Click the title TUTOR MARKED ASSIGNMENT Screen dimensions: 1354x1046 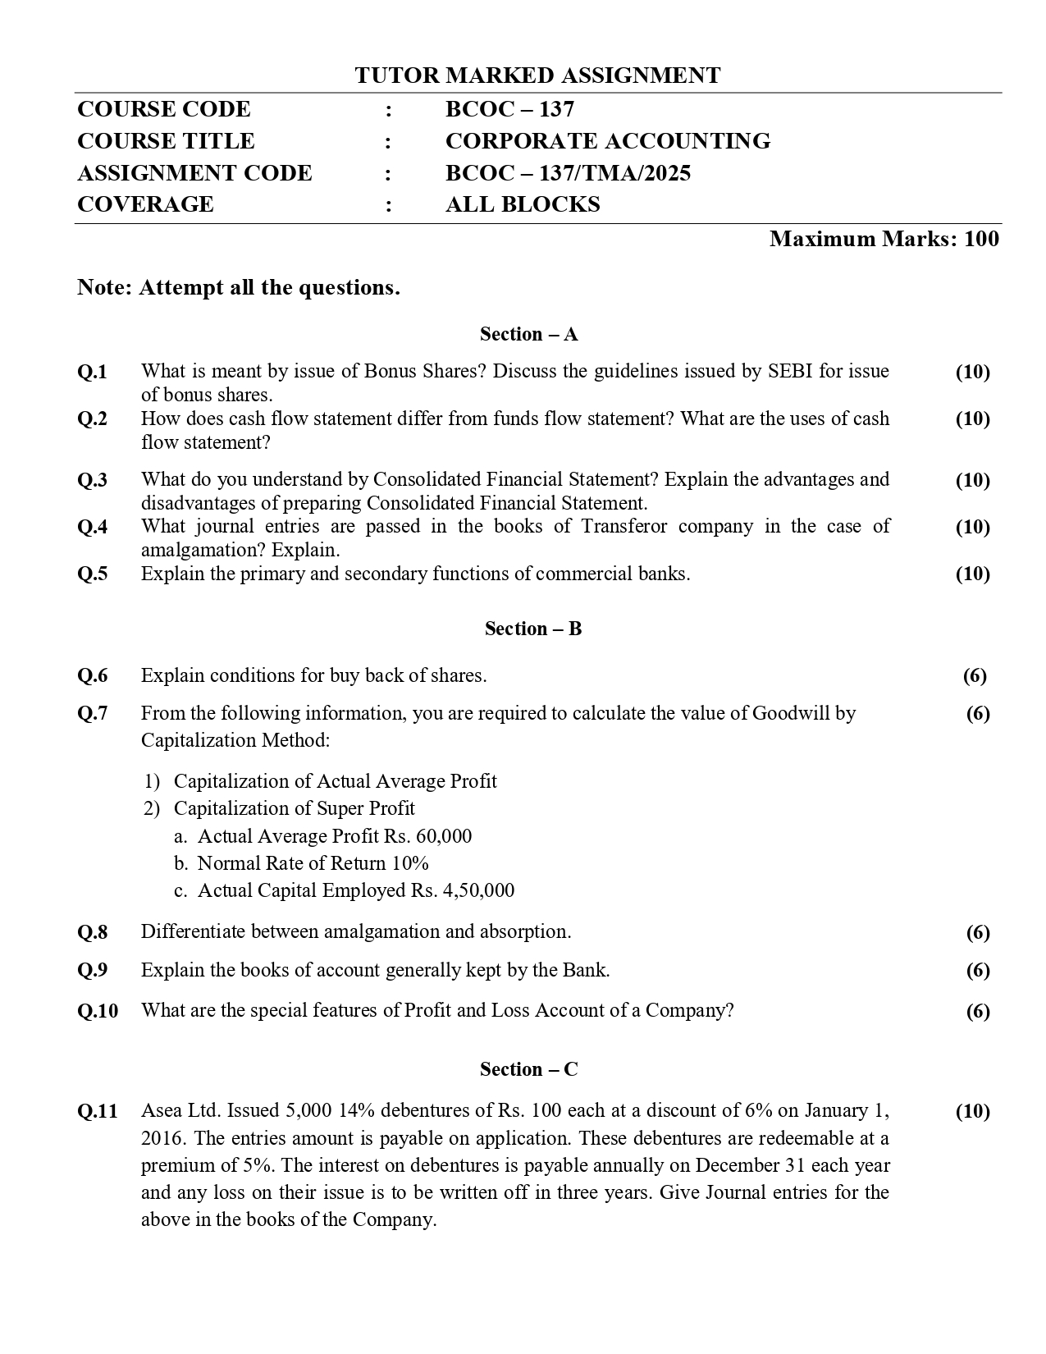(x=537, y=75)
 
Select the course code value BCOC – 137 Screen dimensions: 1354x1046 (x=509, y=109)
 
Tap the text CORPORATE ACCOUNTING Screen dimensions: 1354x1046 (x=607, y=141)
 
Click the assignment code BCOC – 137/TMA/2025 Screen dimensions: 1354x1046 (x=568, y=173)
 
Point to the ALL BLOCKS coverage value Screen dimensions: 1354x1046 (x=523, y=204)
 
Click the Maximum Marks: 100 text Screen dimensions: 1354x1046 (x=884, y=239)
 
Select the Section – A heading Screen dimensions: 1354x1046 (x=529, y=334)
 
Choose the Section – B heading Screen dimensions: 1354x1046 (x=532, y=629)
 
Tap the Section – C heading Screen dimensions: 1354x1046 (x=529, y=1069)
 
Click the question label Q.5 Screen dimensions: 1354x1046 (x=92, y=574)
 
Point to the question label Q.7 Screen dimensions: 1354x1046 (x=92, y=713)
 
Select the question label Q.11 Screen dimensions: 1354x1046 (x=97, y=1111)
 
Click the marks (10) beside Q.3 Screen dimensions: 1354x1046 (x=972, y=480)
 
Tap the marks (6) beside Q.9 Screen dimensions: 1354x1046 (x=977, y=971)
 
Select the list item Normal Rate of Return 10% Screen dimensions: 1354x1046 (x=313, y=863)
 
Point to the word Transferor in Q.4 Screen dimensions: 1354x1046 (x=625, y=526)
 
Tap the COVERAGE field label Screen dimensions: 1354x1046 (x=145, y=204)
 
